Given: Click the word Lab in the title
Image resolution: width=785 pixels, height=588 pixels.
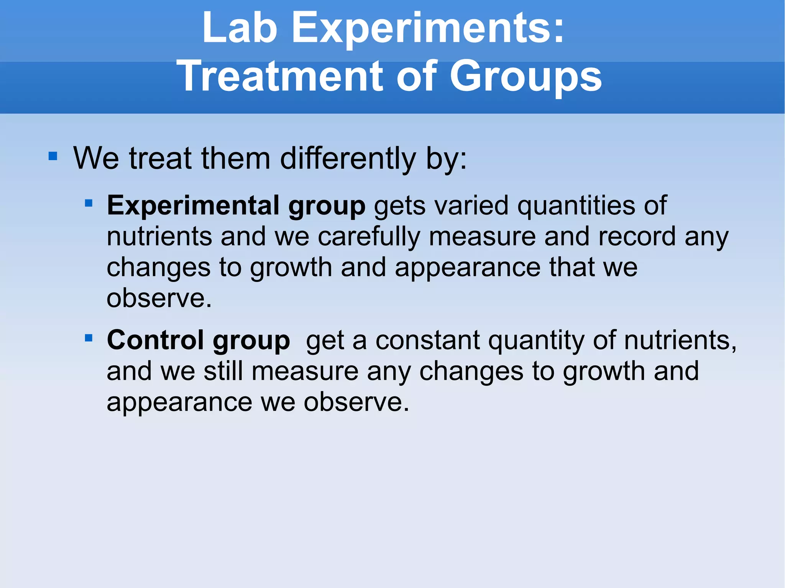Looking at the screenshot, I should coord(240,28).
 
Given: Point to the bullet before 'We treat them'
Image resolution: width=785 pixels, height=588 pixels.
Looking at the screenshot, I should coord(53,156).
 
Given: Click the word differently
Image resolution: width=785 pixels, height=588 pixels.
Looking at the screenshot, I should coord(348,159).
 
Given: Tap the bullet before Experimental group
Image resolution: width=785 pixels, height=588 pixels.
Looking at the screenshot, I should coord(89,203).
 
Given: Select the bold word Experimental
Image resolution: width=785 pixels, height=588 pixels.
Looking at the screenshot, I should coord(193,205).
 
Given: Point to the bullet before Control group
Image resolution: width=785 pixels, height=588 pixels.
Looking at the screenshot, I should coord(89,338).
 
